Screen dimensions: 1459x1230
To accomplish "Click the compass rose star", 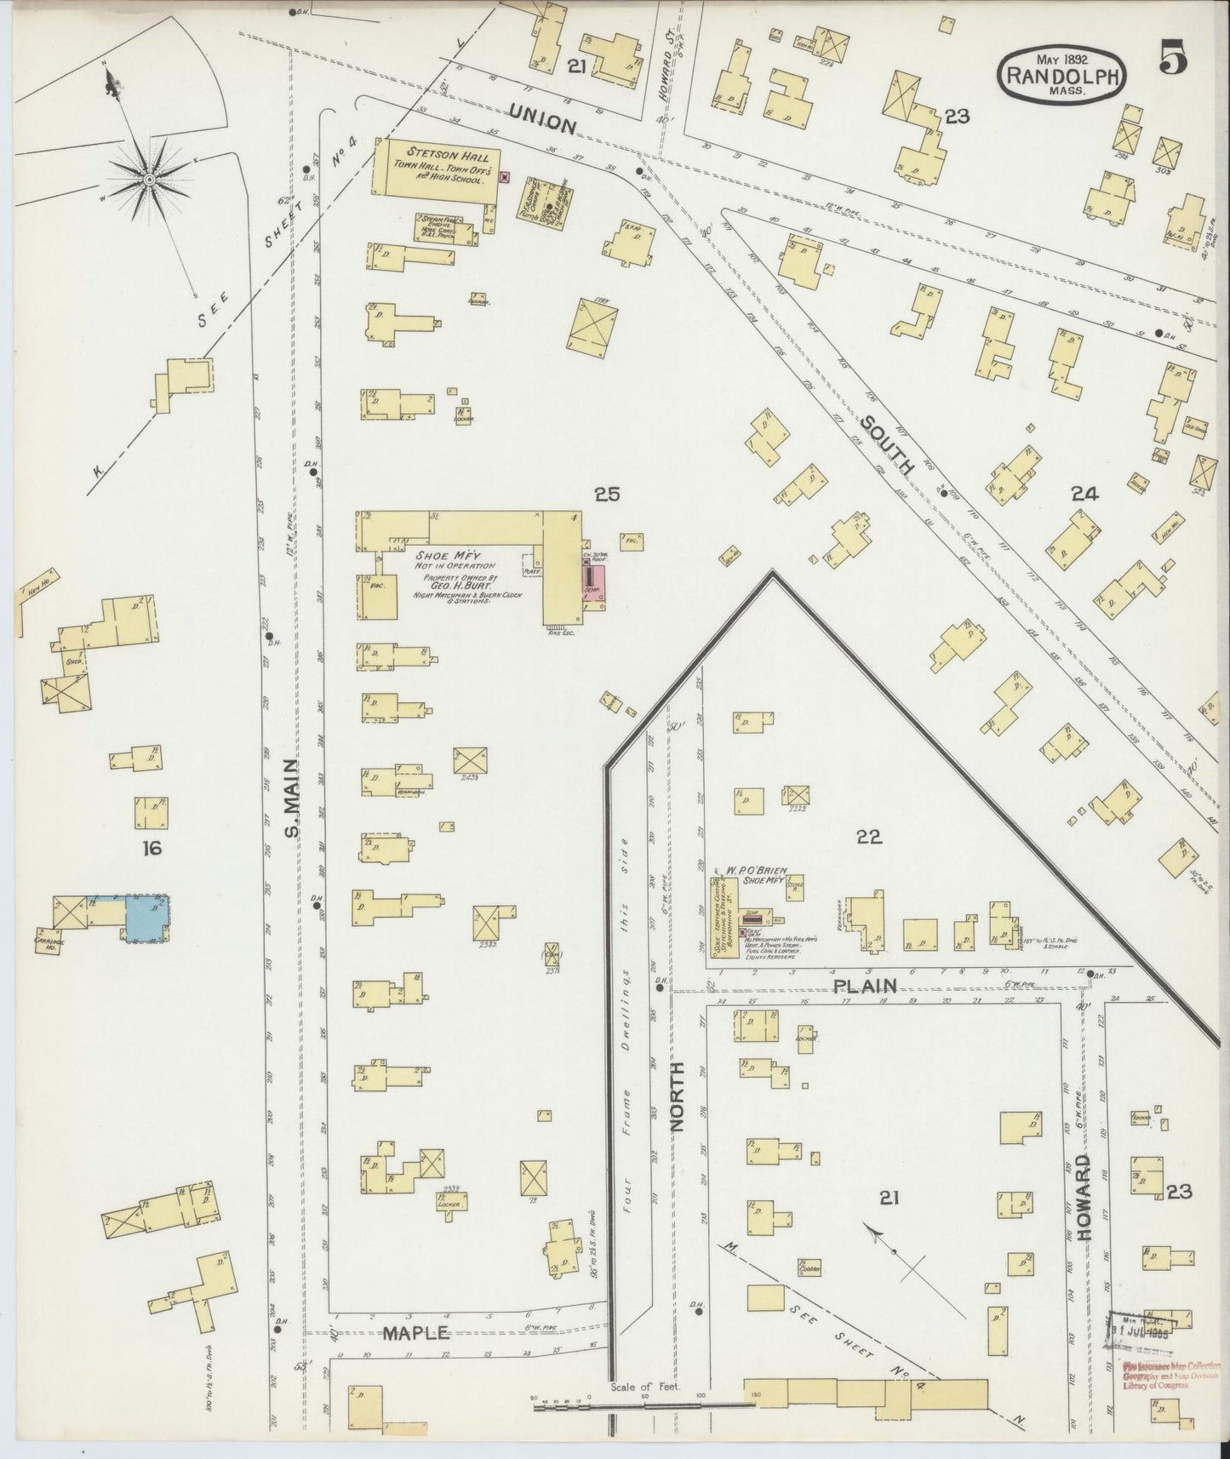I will coord(149,180).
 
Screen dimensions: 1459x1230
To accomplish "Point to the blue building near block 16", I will coord(146,918).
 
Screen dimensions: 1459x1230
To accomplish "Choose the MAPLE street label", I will coord(415,1333).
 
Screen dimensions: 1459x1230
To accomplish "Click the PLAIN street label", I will coord(866,986).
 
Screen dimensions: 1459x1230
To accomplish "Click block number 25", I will coord(608,494).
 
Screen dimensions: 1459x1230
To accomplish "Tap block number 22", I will coord(868,837).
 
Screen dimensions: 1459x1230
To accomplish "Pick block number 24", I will coord(1085,493).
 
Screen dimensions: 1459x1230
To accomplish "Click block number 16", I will coord(152,848).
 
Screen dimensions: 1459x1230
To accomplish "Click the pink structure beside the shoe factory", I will coord(592,586).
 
